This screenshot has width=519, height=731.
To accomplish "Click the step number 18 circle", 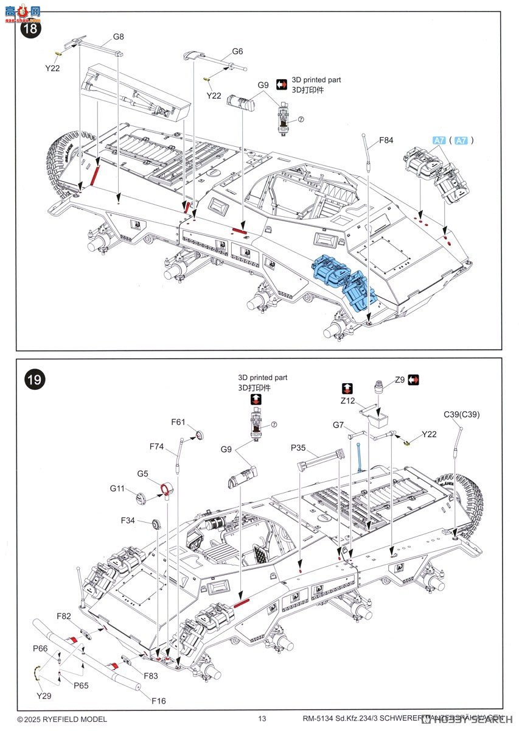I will tap(31, 29).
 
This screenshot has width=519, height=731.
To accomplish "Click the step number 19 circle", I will tap(34, 380).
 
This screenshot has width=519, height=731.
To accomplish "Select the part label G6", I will tap(237, 52).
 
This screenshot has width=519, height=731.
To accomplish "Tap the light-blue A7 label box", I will tap(439, 140).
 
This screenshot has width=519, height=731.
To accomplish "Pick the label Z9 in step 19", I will tap(399, 380).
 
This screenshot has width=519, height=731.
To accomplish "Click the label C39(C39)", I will tap(462, 415).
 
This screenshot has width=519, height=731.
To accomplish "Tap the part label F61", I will tap(178, 422).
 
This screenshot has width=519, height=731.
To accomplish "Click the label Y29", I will tap(43, 695).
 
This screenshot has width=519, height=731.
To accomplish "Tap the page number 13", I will tap(262, 719).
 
